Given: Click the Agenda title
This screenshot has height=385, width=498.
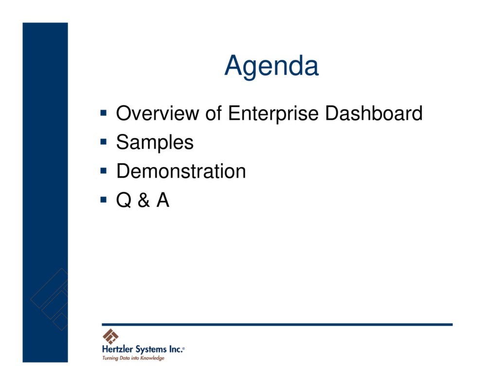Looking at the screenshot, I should click(271, 66).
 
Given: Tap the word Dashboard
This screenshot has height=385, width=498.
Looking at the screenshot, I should click(373, 113).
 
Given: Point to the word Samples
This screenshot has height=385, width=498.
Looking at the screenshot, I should click(155, 142).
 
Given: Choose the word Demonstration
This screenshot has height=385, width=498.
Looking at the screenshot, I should click(181, 171).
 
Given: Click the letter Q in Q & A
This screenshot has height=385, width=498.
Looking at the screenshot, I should click(124, 200).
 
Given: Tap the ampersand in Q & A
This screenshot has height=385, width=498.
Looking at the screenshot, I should click(143, 200).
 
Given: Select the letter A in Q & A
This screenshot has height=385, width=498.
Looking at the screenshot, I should click(162, 200).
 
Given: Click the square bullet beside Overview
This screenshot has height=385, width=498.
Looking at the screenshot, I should click(103, 113).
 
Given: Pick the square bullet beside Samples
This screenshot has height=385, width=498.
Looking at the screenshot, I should click(103, 142).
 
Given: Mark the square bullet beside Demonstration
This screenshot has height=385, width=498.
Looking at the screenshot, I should click(103, 171).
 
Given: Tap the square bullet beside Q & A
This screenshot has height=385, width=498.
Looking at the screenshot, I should click(103, 200).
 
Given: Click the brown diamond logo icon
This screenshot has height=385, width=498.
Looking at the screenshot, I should click(110, 336).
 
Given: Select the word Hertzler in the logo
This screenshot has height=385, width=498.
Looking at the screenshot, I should click(118, 349).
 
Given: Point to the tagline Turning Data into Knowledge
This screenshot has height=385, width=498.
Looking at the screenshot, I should click(133, 358).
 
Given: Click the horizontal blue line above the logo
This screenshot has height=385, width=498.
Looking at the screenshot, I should click(277, 324).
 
